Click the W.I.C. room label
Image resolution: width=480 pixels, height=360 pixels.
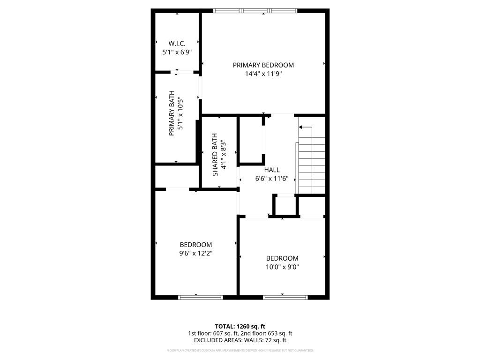pos(177,44)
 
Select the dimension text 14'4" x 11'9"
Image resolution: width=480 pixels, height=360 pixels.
pos(263,74)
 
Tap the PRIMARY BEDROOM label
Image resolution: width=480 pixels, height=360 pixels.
pos(263,65)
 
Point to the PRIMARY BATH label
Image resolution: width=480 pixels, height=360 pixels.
pos(172,113)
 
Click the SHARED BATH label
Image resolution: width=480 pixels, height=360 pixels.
pos(215,155)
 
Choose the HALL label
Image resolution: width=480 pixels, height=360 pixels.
pos(271,170)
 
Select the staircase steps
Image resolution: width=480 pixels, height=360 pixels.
pos(311,164)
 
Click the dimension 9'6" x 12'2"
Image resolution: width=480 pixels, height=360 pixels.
pos(195,254)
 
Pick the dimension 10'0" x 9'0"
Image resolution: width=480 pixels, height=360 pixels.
pos(282,267)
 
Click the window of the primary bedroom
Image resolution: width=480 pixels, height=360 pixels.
pos(255,11)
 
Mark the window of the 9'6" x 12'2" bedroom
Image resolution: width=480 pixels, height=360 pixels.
pos(201,297)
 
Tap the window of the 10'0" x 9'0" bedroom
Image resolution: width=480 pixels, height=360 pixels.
pos(285,297)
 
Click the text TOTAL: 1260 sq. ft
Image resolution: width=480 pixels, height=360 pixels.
pos(240,326)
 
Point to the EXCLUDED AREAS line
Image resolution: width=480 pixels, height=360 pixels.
pos(240,341)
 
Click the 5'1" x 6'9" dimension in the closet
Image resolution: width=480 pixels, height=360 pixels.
pos(177,53)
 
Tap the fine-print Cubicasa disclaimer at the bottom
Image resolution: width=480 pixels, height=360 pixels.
pos(240,351)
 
